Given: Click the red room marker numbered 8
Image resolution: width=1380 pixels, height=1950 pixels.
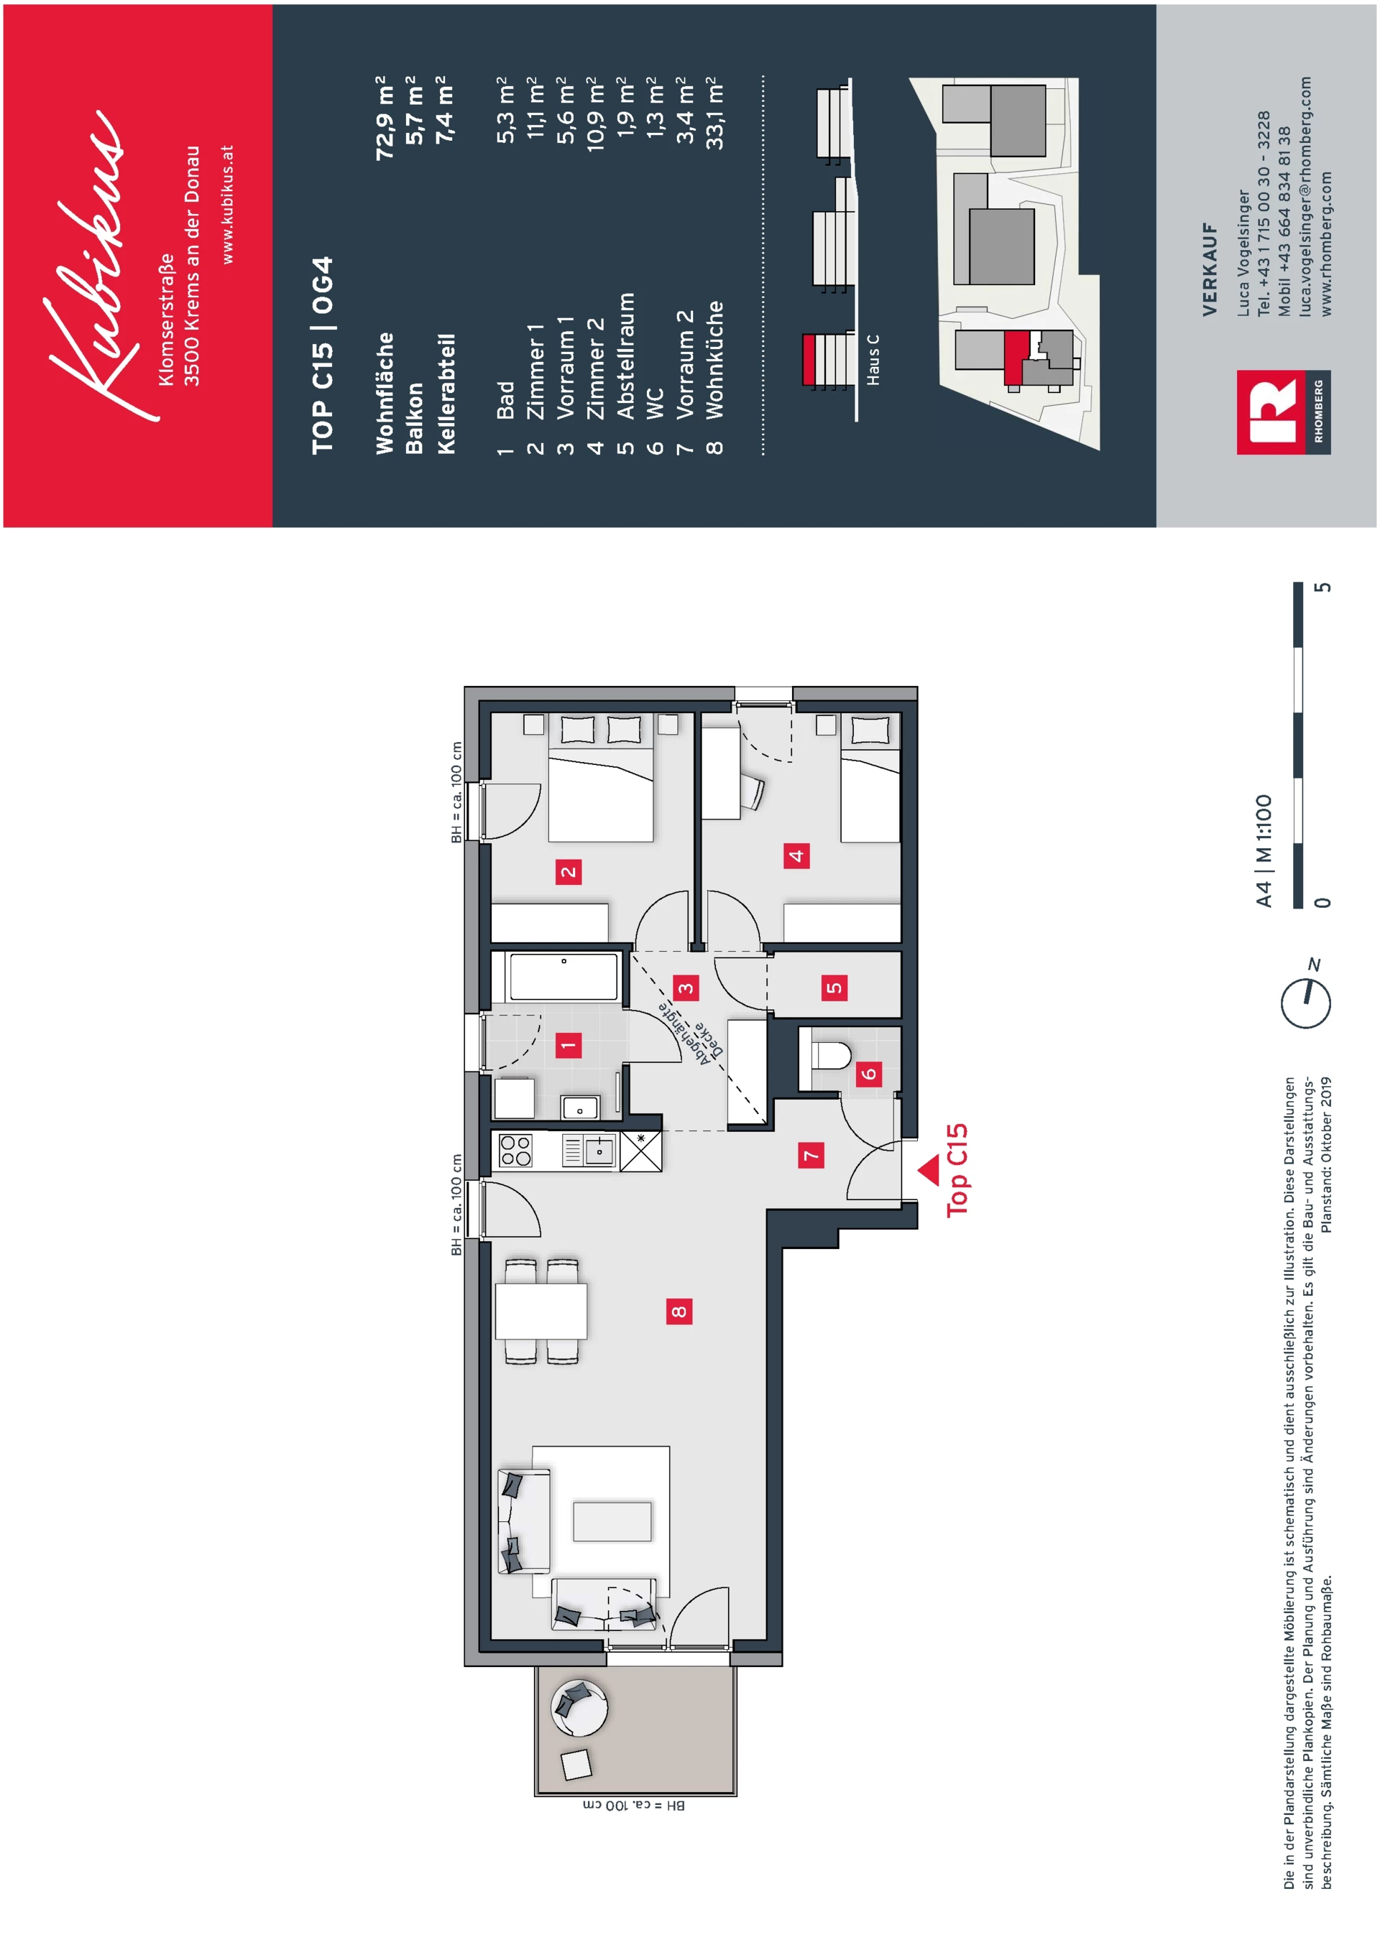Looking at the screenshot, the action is pos(678,1311).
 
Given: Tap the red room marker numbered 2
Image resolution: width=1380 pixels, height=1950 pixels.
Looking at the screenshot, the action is pos(569,871).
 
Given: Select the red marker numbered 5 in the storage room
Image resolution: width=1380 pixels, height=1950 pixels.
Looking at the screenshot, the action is pos(834,988).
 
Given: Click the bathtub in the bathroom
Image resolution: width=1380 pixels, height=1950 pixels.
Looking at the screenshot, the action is pos(563,977).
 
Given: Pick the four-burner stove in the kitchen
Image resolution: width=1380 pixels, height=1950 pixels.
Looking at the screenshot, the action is pos(515,1151).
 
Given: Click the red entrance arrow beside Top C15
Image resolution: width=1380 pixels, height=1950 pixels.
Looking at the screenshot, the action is pos(929,1169).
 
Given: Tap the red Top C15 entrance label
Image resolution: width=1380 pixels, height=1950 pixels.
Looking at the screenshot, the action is pos(957,1169).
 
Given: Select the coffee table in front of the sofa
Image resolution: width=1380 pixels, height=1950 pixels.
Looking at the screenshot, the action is pos(612,1521).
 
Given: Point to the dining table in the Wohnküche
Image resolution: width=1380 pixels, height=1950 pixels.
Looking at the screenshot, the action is pos(541,1311).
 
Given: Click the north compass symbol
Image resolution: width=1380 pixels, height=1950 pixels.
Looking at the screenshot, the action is pos(1306,1000).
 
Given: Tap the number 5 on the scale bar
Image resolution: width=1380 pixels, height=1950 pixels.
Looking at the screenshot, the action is pos(1322,588).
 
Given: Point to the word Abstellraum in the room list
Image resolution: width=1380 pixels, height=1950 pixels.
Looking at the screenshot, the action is pos(625,356).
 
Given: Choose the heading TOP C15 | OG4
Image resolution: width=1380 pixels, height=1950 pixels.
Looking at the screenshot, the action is pos(322,355).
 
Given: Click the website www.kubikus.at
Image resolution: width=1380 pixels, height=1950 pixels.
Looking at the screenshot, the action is pos(227,204).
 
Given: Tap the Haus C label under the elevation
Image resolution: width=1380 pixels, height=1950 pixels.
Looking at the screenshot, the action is pos(873,359).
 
